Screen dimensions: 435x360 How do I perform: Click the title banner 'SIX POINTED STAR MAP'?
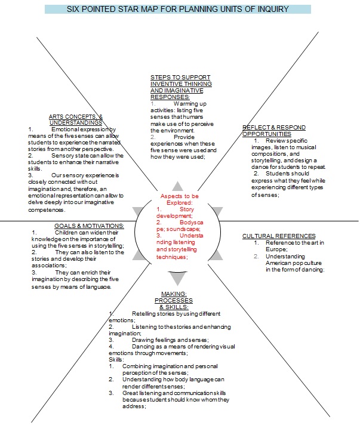pos(178,10)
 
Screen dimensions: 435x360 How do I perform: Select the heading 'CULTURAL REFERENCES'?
pos(279,236)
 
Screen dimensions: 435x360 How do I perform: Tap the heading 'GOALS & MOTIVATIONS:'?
pos(89,226)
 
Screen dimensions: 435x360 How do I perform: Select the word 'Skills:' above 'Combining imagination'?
pos(116,360)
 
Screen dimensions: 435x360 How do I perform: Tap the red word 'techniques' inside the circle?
pos(172,257)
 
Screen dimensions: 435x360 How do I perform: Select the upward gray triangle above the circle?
pos(177,186)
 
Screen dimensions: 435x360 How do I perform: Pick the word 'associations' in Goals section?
pos(46,266)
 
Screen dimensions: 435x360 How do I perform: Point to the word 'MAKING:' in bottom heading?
pos(174,294)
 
